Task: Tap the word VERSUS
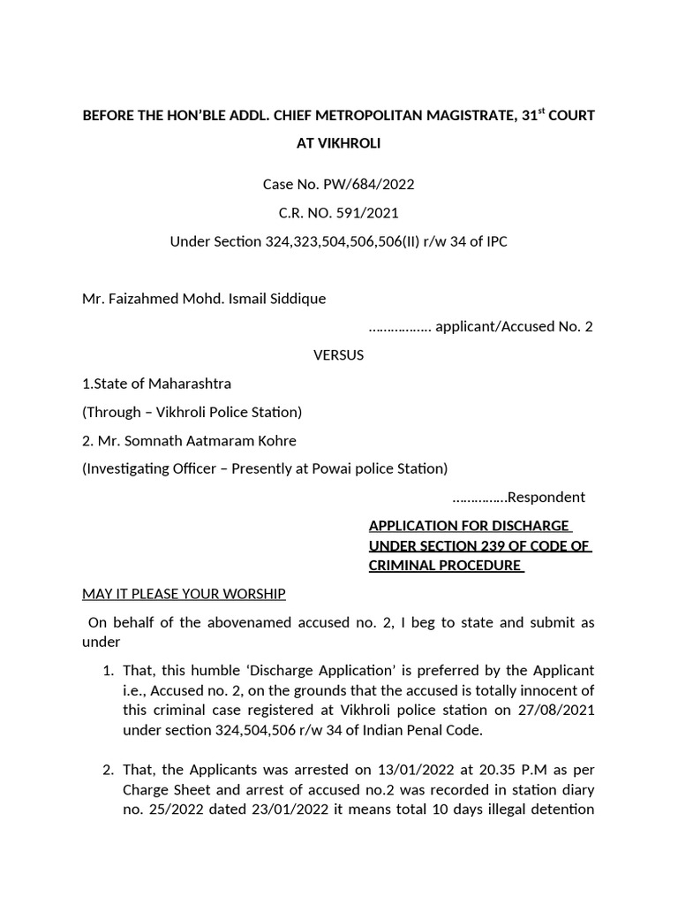pos(338,355)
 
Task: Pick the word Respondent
pos(547,497)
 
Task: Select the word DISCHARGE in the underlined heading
pos(527,526)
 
